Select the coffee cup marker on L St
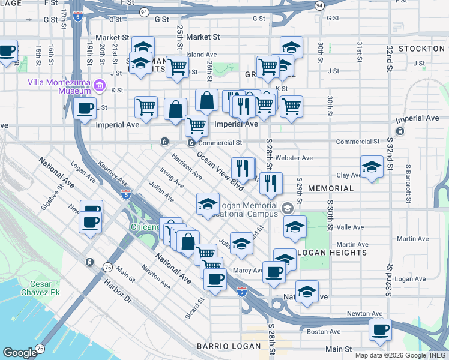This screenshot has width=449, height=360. (85, 109)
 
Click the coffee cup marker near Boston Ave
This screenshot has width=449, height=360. (380, 329)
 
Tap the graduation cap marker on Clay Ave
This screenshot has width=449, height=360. (372, 167)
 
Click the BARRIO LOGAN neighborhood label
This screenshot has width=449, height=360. (228, 346)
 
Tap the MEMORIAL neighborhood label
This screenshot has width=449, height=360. (331, 188)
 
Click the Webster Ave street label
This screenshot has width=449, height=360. (298, 158)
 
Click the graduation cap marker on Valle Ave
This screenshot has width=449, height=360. (295, 227)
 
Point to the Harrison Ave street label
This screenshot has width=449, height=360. (187, 167)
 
